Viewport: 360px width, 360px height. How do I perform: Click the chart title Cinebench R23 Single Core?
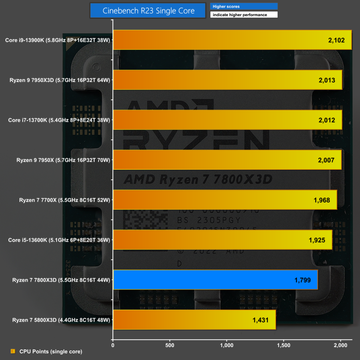148,11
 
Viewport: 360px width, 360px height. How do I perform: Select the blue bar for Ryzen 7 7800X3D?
216,280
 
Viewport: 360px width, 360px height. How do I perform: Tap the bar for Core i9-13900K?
232,40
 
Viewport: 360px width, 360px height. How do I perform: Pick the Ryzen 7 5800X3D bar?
194,320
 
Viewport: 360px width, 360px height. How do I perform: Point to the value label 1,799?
302,280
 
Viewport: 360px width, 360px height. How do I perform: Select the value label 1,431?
260,320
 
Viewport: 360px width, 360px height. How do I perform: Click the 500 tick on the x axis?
170,346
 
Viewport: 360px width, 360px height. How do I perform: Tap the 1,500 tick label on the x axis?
284,346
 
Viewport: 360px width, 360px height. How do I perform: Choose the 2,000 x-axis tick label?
340,346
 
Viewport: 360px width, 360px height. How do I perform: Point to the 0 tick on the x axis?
113,346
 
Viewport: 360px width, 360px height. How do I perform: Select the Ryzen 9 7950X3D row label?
60,80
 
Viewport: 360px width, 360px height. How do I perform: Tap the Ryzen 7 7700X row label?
65,200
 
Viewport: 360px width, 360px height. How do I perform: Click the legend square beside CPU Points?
13,351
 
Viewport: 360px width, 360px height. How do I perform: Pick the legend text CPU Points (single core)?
51,351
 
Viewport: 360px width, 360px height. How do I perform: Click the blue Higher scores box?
244,6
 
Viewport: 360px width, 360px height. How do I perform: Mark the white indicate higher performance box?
244,15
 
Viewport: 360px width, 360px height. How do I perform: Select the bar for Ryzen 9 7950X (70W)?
227,160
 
